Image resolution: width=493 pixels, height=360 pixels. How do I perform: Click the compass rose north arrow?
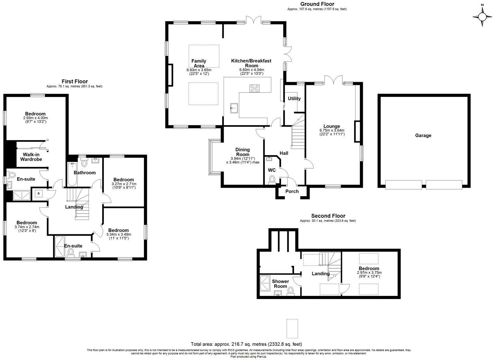pyautogui.click(x=482, y=17)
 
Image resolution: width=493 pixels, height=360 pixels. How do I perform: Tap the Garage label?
pyautogui.click(x=423, y=136)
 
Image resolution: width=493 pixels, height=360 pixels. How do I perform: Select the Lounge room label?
pyautogui.click(x=331, y=126)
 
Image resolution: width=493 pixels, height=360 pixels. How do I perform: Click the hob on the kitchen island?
pyautogui.click(x=254, y=88)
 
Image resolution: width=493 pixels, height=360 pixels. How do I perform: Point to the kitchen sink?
pyautogui.click(x=234, y=108)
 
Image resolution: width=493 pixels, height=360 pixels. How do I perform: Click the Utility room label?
pyautogui.click(x=294, y=99)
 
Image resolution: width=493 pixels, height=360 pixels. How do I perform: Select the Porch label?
pyautogui.click(x=292, y=191)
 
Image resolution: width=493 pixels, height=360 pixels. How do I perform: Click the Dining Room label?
pyautogui.click(x=243, y=152)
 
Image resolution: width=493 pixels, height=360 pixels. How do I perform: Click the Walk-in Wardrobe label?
pyautogui.click(x=31, y=157)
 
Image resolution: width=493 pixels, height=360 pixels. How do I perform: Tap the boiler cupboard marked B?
pyautogui.click(x=39, y=193)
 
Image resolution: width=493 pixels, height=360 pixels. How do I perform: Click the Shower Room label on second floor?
pyautogui.click(x=280, y=283)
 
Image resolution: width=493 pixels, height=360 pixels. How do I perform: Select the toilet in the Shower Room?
pyautogui.click(x=290, y=291)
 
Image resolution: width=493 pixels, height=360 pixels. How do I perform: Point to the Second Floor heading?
pyautogui.click(x=328, y=216)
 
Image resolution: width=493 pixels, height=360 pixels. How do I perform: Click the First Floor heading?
pyautogui.click(x=75, y=82)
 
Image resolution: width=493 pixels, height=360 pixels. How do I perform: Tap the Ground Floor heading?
pyautogui.click(x=317, y=4)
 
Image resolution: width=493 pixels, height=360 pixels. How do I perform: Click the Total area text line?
pyautogui.click(x=246, y=344)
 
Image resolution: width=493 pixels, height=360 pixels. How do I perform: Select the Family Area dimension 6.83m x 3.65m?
pyautogui.click(x=199, y=70)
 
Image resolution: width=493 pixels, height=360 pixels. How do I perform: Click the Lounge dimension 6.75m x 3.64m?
pyautogui.click(x=332, y=130)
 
